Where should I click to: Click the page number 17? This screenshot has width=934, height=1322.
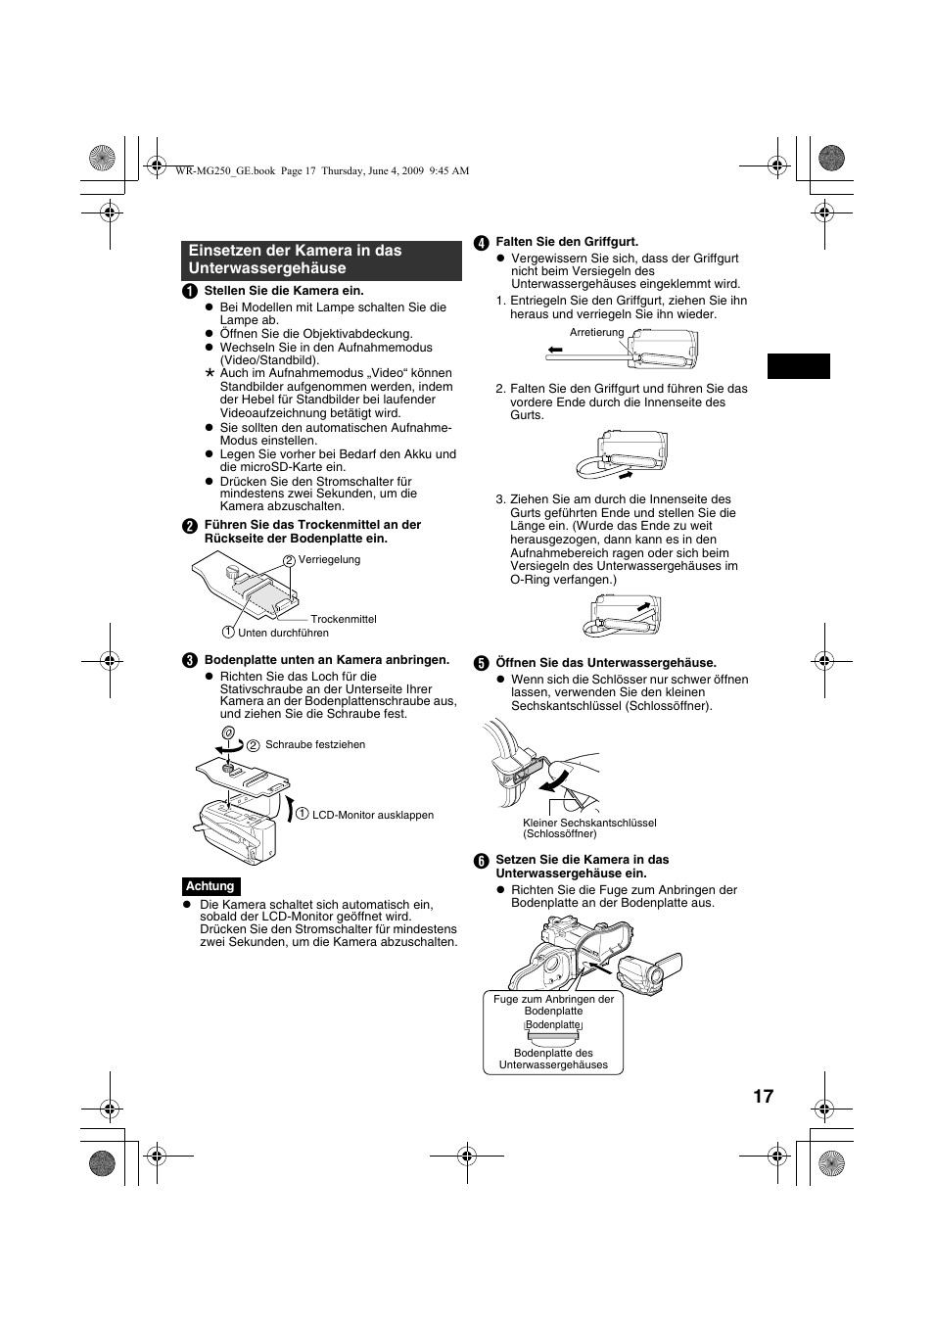tap(764, 1096)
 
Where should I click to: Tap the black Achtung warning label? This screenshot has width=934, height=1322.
tap(210, 886)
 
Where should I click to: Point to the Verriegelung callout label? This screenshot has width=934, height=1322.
tap(329, 560)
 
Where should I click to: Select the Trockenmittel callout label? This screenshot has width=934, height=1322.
tap(344, 619)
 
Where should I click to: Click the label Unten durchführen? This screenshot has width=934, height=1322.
tap(283, 633)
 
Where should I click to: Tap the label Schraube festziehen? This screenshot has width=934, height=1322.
tap(315, 744)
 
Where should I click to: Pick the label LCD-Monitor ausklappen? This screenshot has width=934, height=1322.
tap(372, 815)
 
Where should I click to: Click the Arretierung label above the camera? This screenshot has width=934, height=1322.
tap(596, 332)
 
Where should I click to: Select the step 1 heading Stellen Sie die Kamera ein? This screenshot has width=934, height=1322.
tap(284, 291)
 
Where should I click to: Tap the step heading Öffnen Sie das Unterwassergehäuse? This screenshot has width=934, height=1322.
tap(606, 663)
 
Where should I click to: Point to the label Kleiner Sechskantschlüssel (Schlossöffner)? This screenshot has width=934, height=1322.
tap(589, 828)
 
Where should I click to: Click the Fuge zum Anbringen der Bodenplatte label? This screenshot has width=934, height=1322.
tap(553, 1005)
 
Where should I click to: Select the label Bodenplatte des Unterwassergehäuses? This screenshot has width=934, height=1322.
tap(553, 1059)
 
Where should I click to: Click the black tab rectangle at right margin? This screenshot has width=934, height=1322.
tap(798, 366)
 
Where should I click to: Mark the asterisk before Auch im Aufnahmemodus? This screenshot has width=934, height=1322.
tap(209, 374)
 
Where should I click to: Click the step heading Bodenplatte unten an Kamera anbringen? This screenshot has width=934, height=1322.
tap(327, 660)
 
